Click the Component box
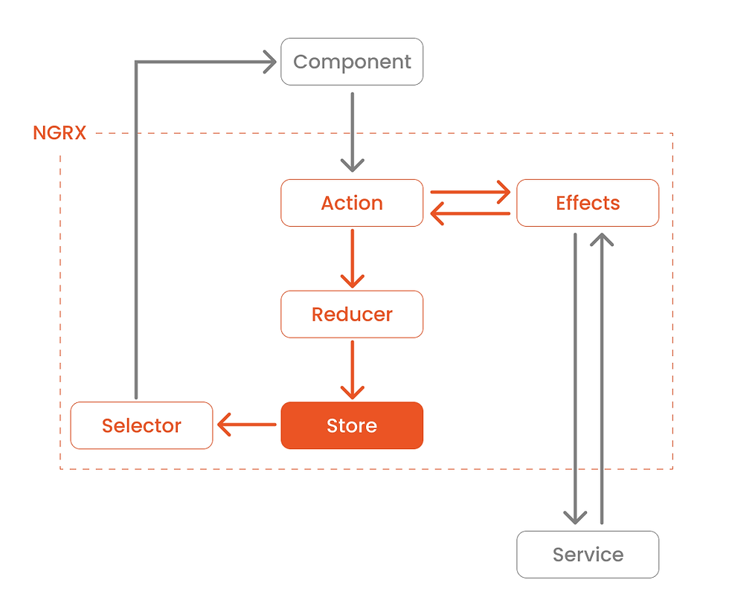coord(352,62)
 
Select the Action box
coord(352,203)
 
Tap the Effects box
coord(588,203)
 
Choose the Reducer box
coord(352,314)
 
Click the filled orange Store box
coord(352,425)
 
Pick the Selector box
coord(141,425)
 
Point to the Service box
coord(588,555)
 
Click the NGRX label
coord(60,133)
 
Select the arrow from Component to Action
coord(353,132)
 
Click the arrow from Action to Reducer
coord(353,258)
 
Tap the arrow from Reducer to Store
coord(353,370)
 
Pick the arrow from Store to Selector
coord(247,425)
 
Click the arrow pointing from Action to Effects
coord(470,192)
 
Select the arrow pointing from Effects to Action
coord(470,213)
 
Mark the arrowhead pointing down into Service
coord(575,517)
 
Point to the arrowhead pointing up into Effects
coord(602,239)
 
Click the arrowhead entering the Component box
coord(270,62)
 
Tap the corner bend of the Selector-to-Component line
coord(136,62)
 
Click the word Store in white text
coord(352,425)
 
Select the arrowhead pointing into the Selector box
coord(224,425)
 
